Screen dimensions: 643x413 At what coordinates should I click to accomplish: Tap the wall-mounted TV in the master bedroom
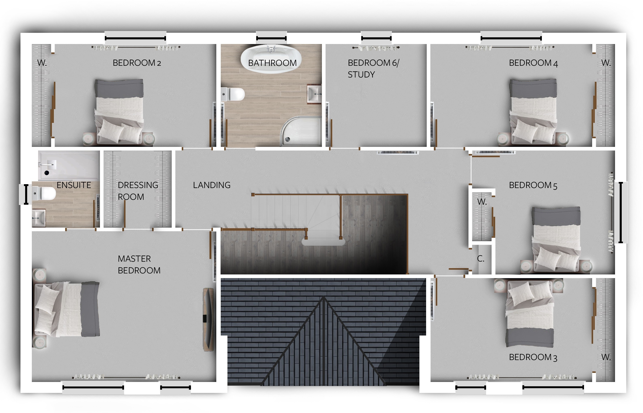point(208,319)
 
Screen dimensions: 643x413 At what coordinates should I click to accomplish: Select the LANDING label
point(212,185)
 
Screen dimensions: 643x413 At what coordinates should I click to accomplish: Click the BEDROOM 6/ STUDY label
point(373,69)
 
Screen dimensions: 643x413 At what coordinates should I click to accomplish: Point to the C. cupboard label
point(481,259)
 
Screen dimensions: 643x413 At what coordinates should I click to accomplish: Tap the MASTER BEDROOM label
point(139,265)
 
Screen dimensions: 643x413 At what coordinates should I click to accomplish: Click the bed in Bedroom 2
point(119,111)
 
